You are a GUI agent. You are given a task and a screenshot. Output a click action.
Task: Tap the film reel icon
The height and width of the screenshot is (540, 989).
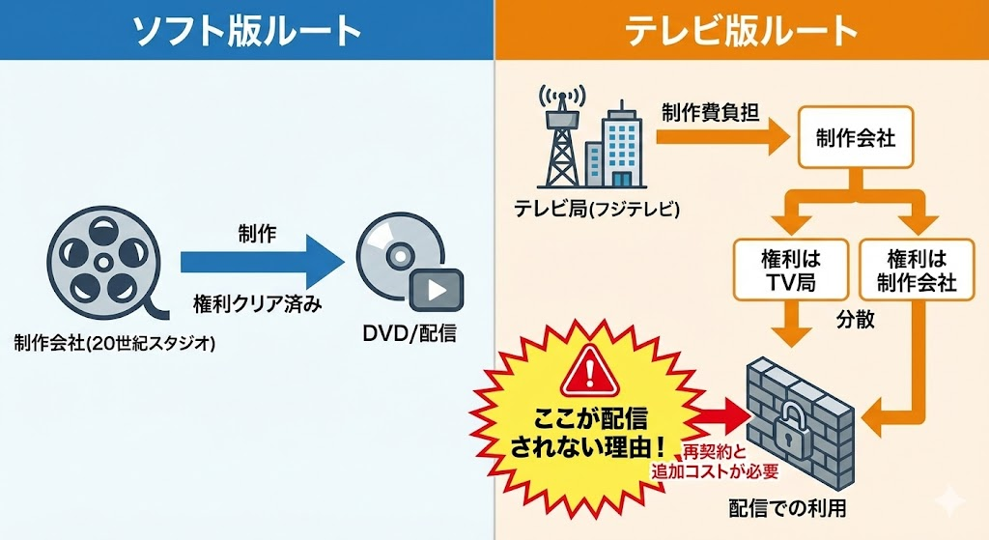pyautogui.click(x=94, y=256)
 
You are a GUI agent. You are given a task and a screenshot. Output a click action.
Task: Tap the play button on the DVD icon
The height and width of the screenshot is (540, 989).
pyautogui.click(x=436, y=289)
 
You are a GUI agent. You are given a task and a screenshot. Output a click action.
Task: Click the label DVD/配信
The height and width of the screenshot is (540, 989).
pyautogui.click(x=410, y=334)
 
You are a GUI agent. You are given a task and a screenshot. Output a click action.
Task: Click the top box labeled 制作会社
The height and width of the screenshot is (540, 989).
pyautogui.click(x=855, y=138)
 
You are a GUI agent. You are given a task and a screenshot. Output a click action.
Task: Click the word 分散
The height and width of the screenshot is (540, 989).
pyautogui.click(x=854, y=320)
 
